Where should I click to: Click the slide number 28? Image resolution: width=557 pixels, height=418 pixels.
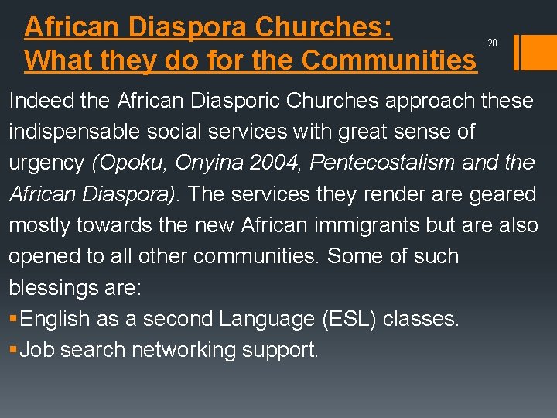[x=492, y=43]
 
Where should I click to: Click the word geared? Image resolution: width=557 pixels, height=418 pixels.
[x=503, y=194]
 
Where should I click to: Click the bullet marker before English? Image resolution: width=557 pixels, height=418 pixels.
[x=13, y=319]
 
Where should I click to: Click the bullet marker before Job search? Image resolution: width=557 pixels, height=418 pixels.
[x=13, y=351]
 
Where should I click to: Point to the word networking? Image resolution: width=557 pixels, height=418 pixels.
[x=183, y=351]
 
